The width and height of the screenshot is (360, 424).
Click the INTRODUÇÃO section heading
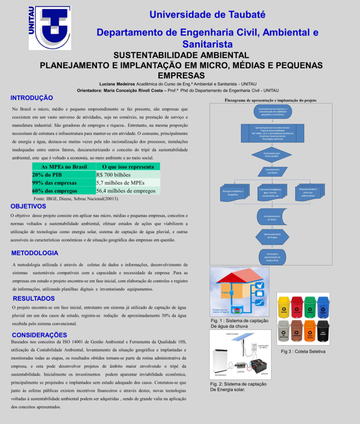(x=32, y=98)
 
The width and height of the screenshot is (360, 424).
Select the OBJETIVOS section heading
(x=28, y=207)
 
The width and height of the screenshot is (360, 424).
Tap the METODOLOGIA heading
(x=35, y=253)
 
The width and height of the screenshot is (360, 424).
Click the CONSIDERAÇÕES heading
(x=39, y=334)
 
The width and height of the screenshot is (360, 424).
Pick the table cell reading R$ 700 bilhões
(x=126, y=175)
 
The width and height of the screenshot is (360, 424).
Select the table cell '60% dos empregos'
(x=63, y=191)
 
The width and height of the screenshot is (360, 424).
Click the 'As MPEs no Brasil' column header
(x=63, y=168)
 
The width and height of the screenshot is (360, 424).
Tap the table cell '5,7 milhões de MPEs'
(x=126, y=183)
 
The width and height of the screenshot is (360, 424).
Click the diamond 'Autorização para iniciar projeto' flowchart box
(x=271, y=154)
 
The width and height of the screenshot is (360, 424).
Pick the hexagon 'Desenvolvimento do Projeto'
(x=271, y=236)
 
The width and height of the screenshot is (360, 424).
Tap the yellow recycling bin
(x=284, y=306)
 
